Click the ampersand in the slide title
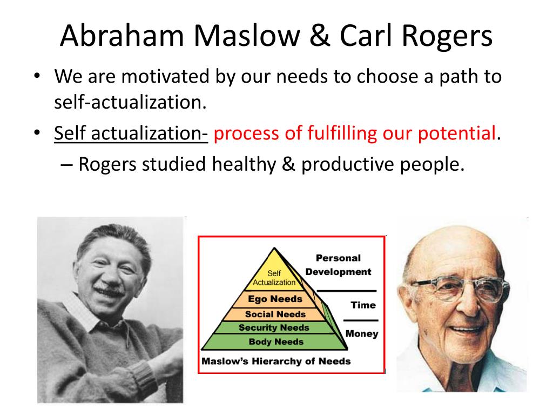[x=320, y=36]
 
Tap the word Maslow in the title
[x=246, y=36]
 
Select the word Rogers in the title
[x=447, y=37]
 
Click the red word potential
[x=457, y=134]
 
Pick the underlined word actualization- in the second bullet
[x=150, y=133]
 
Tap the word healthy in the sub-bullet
[x=244, y=164]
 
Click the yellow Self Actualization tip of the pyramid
[x=274, y=273]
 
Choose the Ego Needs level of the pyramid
[x=275, y=299]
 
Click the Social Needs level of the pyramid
[x=275, y=314]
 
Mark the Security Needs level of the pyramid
[x=274, y=327]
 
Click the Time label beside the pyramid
[x=363, y=305]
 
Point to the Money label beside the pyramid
[x=362, y=333]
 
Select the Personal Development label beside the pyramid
[x=338, y=265]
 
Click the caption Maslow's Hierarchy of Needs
[x=276, y=361]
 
